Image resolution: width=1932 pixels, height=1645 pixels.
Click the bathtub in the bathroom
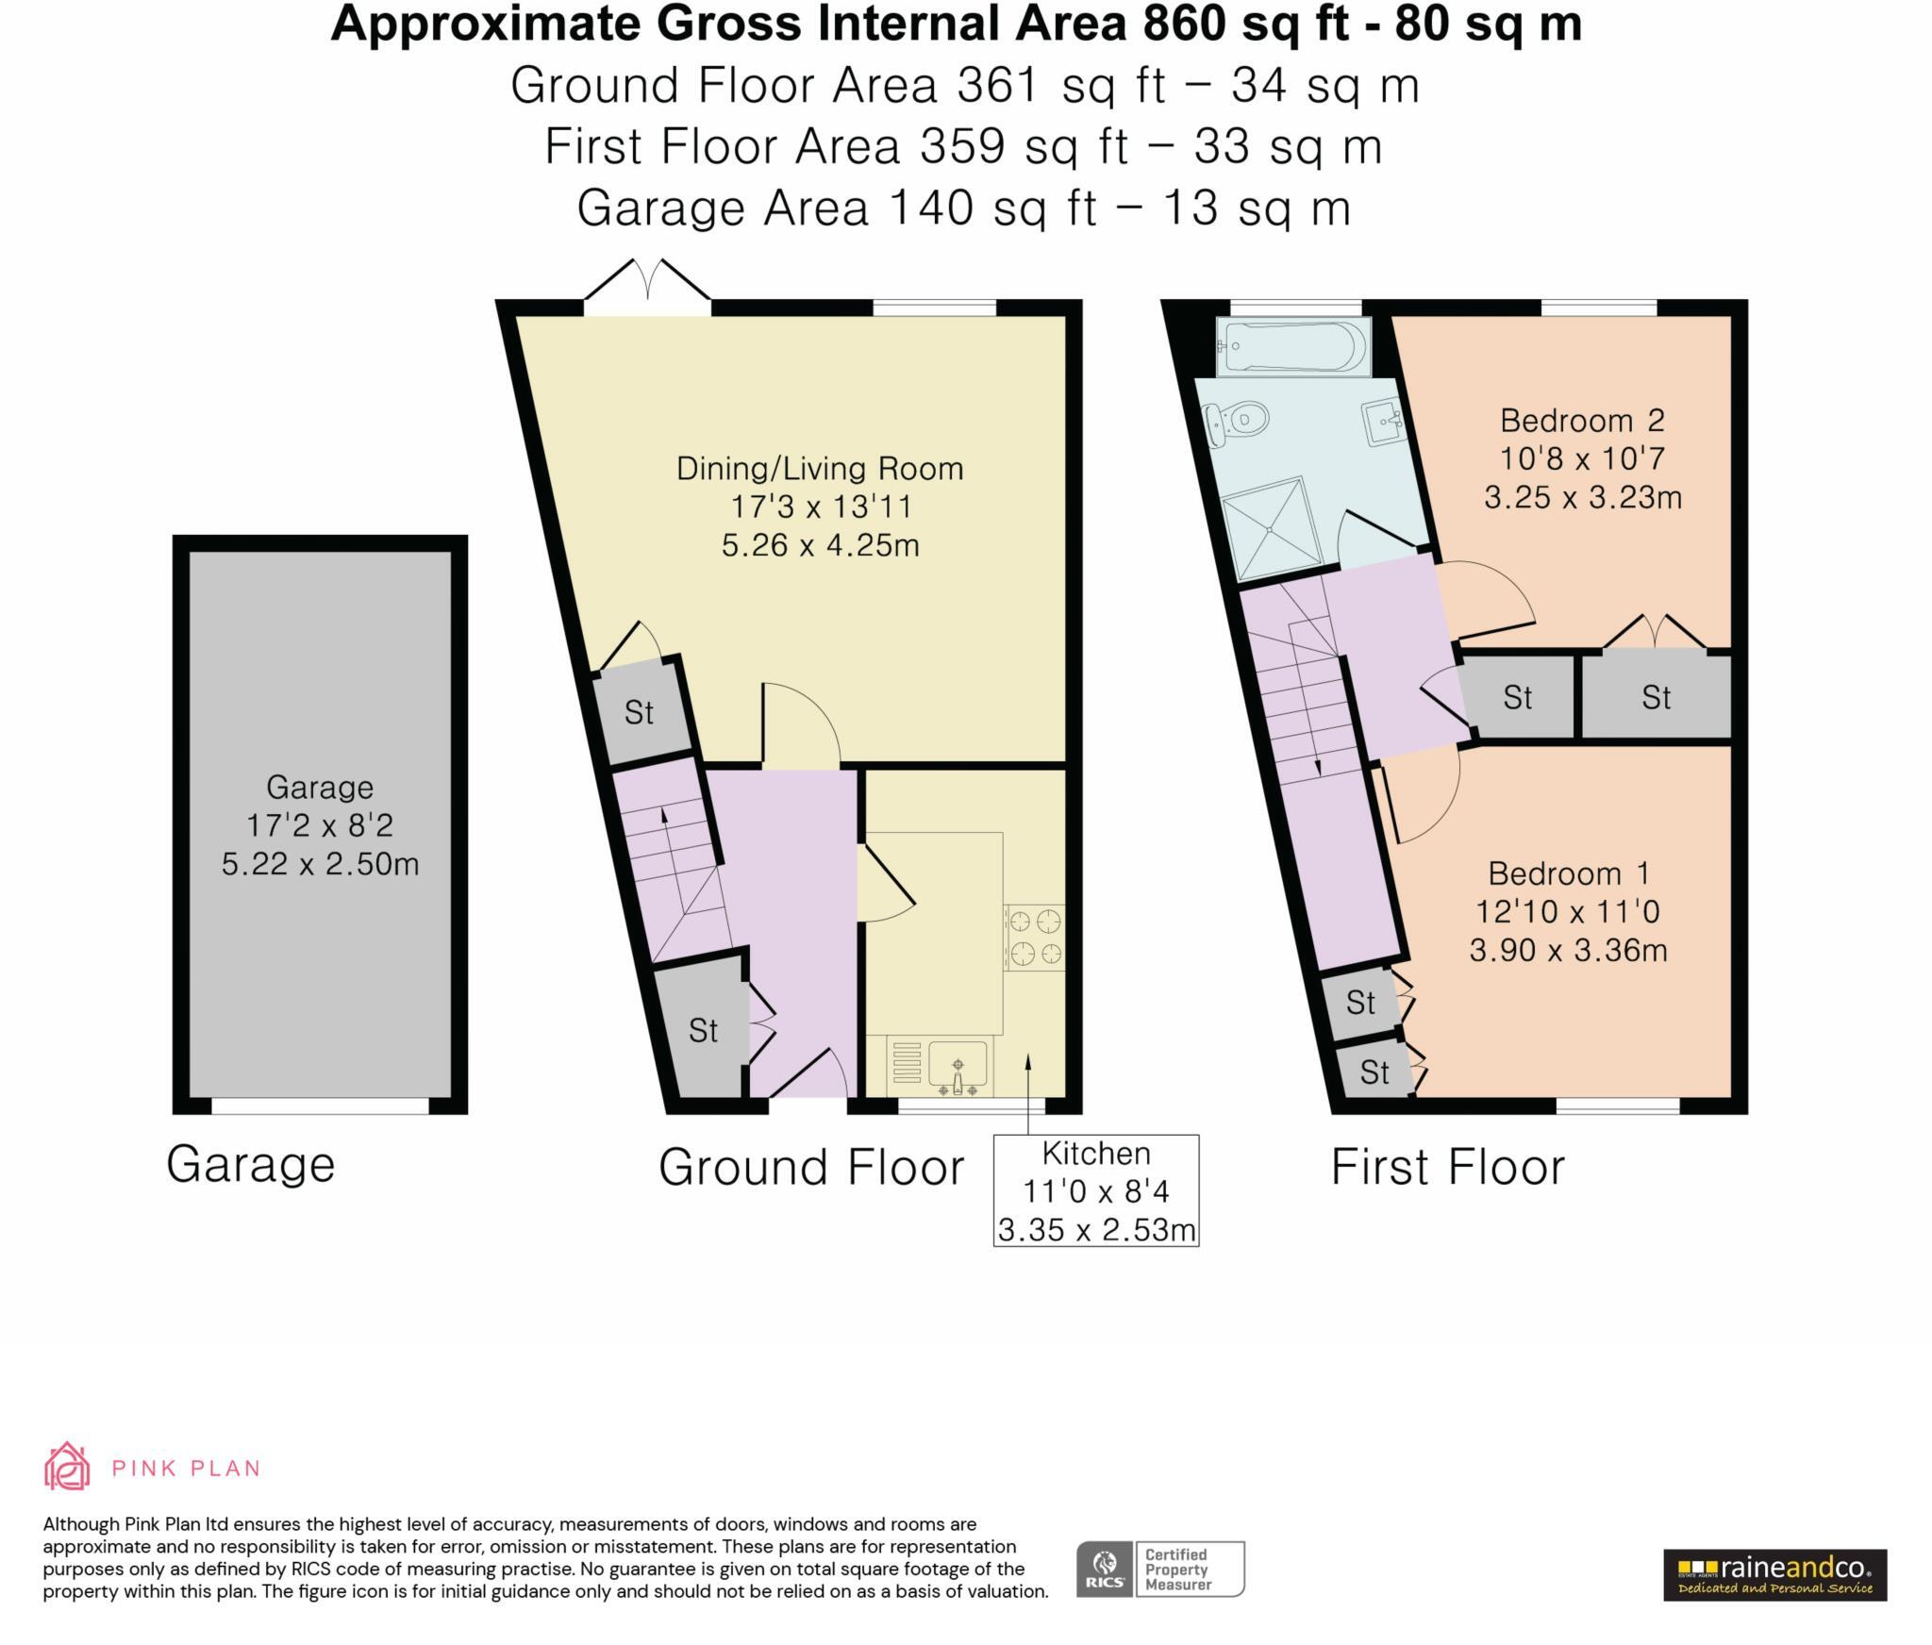[1292, 347]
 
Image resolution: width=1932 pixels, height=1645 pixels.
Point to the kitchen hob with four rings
[1035, 938]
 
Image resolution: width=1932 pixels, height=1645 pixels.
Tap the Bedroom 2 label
[1582, 420]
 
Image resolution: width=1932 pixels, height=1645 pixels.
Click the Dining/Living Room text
[820, 469]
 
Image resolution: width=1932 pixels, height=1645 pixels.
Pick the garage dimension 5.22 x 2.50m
[320, 864]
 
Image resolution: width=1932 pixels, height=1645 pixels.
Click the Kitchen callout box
[1095, 1191]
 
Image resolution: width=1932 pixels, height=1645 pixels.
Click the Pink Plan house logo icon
[67, 1467]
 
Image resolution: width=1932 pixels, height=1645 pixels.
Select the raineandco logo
[1774, 1574]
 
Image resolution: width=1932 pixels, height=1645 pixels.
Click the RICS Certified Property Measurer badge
[1159, 1569]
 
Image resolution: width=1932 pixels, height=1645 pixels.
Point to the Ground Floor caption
[810, 1168]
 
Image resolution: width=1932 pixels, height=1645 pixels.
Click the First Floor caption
[1447, 1168]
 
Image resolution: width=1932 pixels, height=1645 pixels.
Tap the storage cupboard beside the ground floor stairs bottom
[703, 1029]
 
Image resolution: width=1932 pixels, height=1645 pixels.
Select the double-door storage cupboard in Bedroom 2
[1656, 697]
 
